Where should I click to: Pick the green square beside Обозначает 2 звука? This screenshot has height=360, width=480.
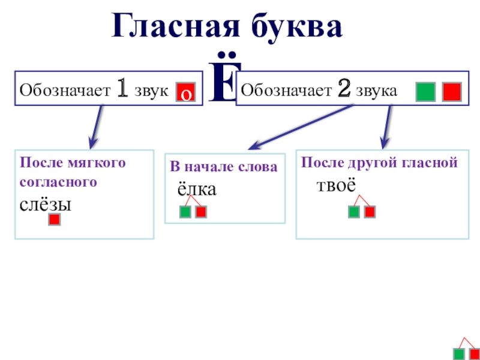[x=425, y=91]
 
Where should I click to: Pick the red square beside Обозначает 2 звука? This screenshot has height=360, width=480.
[x=451, y=91]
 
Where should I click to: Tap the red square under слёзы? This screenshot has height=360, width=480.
[x=54, y=220]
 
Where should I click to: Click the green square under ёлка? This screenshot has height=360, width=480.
[x=185, y=212]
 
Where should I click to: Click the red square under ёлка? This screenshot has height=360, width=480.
[x=201, y=212]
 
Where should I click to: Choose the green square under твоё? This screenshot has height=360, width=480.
[x=354, y=212]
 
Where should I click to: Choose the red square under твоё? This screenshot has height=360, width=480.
[x=370, y=212]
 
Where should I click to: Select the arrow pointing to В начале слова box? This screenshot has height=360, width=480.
[x=300, y=127]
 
